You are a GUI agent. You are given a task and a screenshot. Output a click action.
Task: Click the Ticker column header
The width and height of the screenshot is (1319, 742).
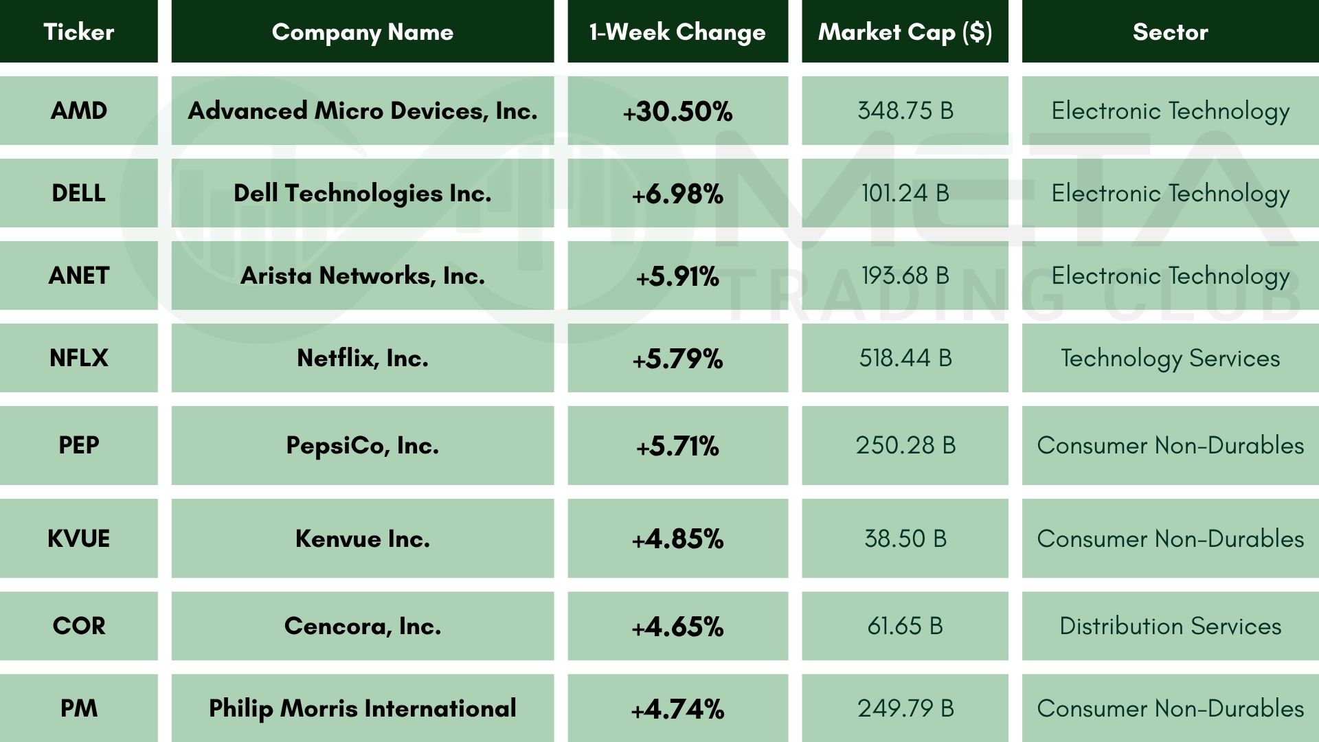click(78, 32)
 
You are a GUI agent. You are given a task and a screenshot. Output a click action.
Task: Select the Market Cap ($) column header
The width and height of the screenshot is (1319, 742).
click(905, 32)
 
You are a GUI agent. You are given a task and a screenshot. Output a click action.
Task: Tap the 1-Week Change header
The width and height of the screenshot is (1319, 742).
click(677, 32)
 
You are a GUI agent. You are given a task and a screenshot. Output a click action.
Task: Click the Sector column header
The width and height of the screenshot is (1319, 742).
click(1170, 32)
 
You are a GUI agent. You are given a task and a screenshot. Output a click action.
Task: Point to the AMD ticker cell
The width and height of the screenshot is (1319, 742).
click(78, 111)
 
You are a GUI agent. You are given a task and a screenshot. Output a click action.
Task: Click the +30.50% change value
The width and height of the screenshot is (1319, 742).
click(677, 111)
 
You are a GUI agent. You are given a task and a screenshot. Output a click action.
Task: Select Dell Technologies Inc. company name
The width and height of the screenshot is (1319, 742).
click(362, 193)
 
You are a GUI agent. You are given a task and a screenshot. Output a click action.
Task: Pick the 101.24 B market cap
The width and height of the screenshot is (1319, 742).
click(905, 193)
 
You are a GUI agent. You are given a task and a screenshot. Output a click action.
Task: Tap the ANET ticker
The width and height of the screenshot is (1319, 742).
click(78, 276)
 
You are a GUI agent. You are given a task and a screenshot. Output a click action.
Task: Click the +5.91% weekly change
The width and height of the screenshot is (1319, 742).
click(677, 276)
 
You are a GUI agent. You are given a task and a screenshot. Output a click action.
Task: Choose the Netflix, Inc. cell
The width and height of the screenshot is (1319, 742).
click(362, 358)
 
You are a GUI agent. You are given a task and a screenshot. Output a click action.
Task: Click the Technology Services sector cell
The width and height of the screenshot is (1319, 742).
click(1170, 358)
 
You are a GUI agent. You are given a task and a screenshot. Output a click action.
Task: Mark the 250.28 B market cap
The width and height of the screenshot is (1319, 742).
click(905, 445)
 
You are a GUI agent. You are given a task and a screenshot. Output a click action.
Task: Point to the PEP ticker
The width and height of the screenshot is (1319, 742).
click(78, 445)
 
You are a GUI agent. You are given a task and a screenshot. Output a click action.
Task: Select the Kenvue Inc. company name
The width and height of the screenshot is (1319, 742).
click(362, 539)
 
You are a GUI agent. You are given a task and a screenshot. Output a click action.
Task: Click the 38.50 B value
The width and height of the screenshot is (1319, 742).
click(905, 539)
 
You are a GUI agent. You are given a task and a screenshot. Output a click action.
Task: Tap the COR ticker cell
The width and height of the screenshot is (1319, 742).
click(78, 626)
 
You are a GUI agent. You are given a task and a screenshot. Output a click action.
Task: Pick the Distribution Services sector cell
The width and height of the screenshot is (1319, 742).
click(1170, 626)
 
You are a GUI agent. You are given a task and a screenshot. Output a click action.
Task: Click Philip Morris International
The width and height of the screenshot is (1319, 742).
click(362, 708)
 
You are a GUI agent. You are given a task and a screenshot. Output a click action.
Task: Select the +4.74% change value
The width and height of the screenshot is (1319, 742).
click(677, 709)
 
